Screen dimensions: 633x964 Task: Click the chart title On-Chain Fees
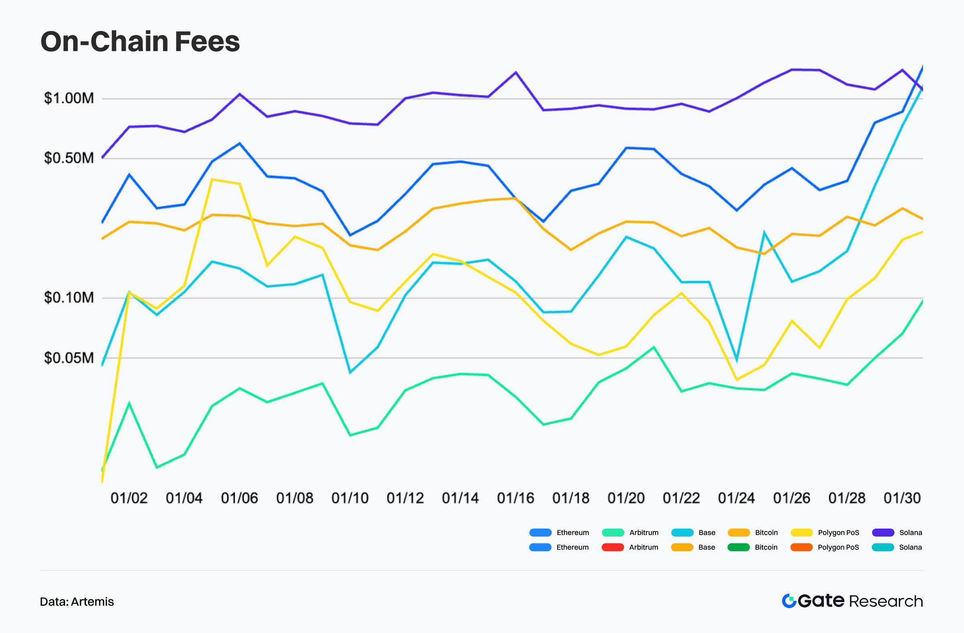coord(140,42)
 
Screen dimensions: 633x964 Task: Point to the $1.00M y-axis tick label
coord(69,98)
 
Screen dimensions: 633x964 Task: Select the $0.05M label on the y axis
coord(69,358)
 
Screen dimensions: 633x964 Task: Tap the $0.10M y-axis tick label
coord(69,298)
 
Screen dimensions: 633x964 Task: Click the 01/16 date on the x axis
coord(515,498)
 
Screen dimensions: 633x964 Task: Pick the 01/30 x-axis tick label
coord(902,498)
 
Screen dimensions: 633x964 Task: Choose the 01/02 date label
coord(129,498)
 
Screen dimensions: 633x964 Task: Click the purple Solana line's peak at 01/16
coord(516,72)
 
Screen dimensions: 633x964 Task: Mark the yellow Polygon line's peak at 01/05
coord(212,180)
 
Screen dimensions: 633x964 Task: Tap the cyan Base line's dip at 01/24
coord(736,359)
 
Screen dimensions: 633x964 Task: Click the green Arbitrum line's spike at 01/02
coord(129,404)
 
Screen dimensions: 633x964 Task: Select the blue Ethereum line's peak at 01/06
coord(239,143)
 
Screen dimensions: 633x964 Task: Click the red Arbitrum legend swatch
coord(613,547)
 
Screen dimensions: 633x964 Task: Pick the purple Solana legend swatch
coord(883,533)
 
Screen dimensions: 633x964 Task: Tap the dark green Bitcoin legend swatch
coord(738,547)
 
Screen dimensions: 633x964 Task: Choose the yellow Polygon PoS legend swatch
coord(802,533)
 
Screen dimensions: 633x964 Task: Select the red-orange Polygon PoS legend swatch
coord(801,547)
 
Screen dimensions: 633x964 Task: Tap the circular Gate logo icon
coord(788,601)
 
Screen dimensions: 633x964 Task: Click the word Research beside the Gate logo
coord(886,601)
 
